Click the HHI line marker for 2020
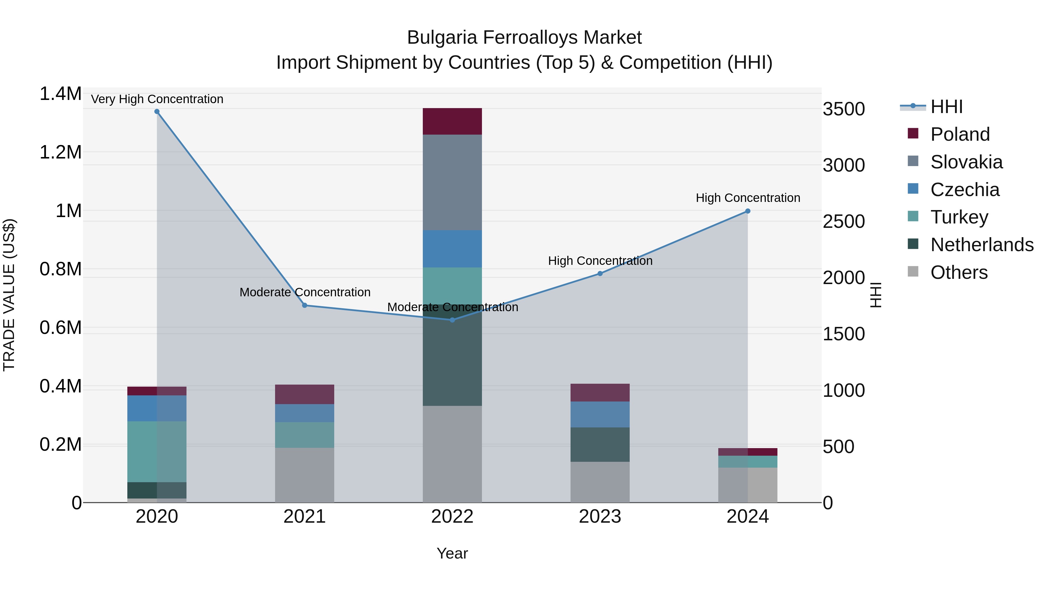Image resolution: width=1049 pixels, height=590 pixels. click(157, 112)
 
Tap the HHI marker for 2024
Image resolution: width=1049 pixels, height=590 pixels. click(748, 211)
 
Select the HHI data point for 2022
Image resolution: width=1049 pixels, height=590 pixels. click(452, 320)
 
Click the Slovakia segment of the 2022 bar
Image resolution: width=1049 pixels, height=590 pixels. click(452, 182)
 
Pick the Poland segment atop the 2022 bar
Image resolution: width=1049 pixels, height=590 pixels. click(452, 121)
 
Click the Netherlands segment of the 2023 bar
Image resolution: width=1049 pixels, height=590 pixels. click(600, 444)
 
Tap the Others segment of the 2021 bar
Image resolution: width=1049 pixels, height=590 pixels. click(305, 475)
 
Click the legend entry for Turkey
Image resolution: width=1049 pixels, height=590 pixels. click(959, 217)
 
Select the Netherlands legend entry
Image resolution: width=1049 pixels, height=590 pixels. click(982, 245)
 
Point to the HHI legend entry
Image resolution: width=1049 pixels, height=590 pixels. click(946, 107)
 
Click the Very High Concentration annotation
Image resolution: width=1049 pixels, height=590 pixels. click(157, 99)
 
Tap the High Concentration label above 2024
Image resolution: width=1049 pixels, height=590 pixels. click(748, 198)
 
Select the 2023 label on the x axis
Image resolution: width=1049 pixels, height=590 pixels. click(600, 517)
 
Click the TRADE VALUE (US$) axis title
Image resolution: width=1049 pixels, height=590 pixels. click(9, 295)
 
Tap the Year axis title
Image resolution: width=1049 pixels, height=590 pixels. click(452, 553)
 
